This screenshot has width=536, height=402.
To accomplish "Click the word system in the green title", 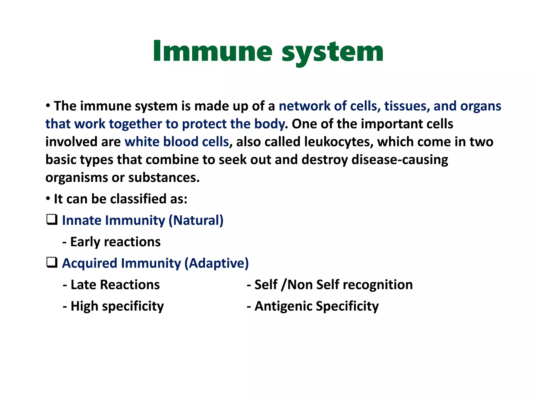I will coord(332,52).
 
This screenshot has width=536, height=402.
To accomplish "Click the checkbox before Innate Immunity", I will coord(52,220).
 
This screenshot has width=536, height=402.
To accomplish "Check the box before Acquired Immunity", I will coord(52,263).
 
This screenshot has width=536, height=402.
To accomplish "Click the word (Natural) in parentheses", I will coord(196,220).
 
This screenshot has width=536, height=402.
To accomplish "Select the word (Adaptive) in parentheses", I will coord(216,263).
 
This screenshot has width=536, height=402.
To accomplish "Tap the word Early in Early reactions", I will coord(85,242).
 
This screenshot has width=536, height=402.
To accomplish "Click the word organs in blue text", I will coord(481,106).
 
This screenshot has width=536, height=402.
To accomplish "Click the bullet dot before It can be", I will coord(48,199).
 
